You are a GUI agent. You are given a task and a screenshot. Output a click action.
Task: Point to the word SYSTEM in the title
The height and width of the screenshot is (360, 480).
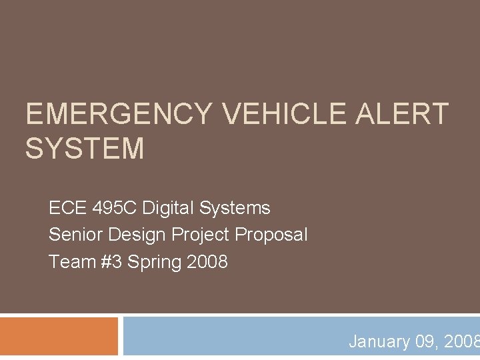pyautogui.click(x=85, y=148)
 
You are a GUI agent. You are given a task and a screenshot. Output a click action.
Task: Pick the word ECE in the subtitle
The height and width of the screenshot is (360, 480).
pyautogui.click(x=65, y=208)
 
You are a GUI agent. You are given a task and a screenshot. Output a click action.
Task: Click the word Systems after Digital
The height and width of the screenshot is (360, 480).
pyautogui.click(x=235, y=208)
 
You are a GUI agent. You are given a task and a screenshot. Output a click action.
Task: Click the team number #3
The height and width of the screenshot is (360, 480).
pyautogui.click(x=111, y=261)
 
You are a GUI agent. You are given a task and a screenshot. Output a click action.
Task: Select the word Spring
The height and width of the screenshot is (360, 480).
pyautogui.click(x=155, y=261)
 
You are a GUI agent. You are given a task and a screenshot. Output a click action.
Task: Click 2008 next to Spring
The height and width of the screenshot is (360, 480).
pyautogui.click(x=207, y=261)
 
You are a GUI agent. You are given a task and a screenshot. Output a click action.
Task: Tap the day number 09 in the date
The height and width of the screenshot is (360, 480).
pyautogui.click(x=425, y=342)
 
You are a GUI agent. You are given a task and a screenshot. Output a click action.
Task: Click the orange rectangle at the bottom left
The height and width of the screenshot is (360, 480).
pyautogui.click(x=59, y=337)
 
